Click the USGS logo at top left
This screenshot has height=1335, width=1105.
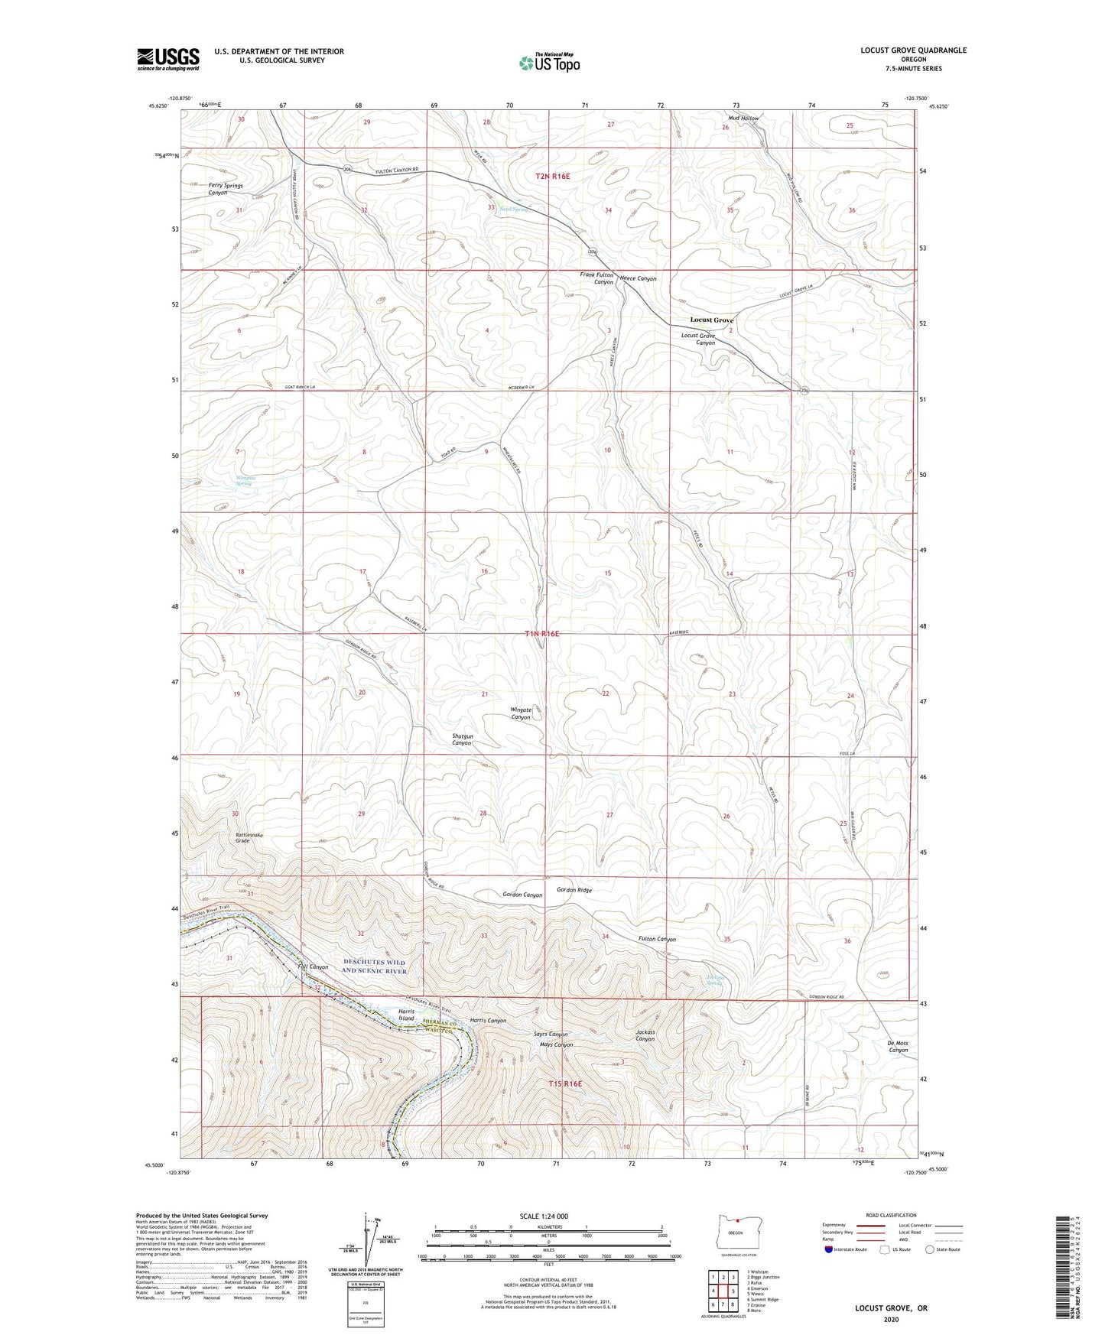click(x=168, y=59)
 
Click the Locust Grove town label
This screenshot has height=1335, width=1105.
click(x=711, y=320)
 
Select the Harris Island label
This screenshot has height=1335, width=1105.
click(x=406, y=1015)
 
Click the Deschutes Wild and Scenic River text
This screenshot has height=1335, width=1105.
click(x=374, y=966)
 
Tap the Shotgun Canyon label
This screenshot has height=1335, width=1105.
click(x=462, y=739)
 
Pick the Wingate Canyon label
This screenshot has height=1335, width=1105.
click(x=520, y=713)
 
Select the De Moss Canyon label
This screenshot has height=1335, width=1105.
click(x=898, y=1047)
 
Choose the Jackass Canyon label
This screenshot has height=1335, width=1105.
click(x=645, y=1035)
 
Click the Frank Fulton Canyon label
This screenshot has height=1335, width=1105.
click(x=596, y=278)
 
